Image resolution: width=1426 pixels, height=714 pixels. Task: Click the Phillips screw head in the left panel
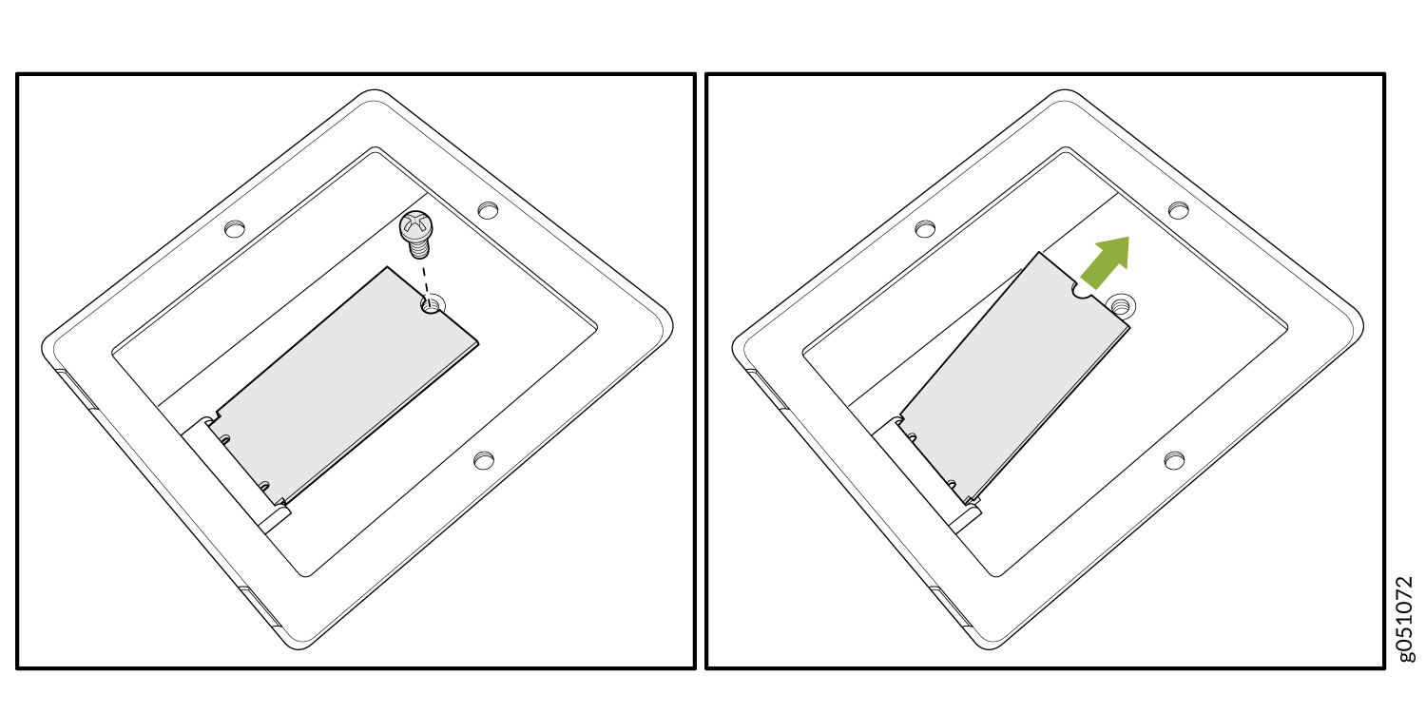coord(415,226)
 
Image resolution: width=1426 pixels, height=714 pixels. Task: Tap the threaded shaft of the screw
coord(419,248)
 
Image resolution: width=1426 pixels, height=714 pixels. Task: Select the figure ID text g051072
coord(1404,619)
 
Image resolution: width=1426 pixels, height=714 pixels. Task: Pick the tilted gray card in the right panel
coord(1014,376)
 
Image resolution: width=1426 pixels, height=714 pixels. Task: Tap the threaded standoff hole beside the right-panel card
coord(1122,306)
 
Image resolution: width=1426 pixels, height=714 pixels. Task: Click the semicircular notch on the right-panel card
coord(1082,290)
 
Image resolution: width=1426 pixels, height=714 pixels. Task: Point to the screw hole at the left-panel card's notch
coord(431,305)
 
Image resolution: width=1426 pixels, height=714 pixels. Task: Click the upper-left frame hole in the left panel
coord(235,228)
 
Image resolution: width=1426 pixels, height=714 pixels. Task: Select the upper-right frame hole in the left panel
coord(489,210)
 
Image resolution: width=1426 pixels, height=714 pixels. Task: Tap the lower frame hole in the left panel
coord(484,460)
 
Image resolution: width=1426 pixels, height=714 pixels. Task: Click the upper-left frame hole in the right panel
coord(925,228)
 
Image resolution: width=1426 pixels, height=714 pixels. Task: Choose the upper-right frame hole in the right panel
coord(1179,210)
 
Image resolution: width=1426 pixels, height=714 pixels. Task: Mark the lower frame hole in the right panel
coord(1174,460)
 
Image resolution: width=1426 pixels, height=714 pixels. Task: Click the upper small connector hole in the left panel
coord(224,439)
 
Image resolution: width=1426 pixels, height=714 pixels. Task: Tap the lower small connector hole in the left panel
coord(264,486)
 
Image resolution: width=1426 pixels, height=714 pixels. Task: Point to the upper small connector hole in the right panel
coord(913,437)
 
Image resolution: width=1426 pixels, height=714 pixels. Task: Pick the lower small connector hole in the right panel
coord(951,485)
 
